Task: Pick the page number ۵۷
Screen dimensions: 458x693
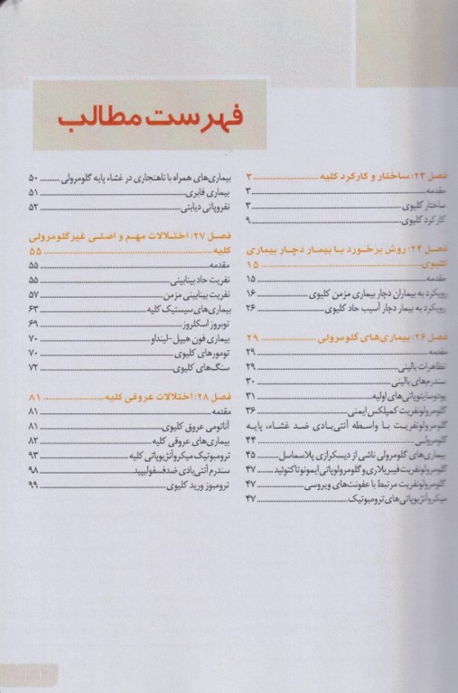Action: (x=34, y=294)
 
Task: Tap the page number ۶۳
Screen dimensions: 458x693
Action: (x=34, y=309)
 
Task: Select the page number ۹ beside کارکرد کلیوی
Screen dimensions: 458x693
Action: (x=249, y=220)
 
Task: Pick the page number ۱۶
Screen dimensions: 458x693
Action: (x=251, y=294)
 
